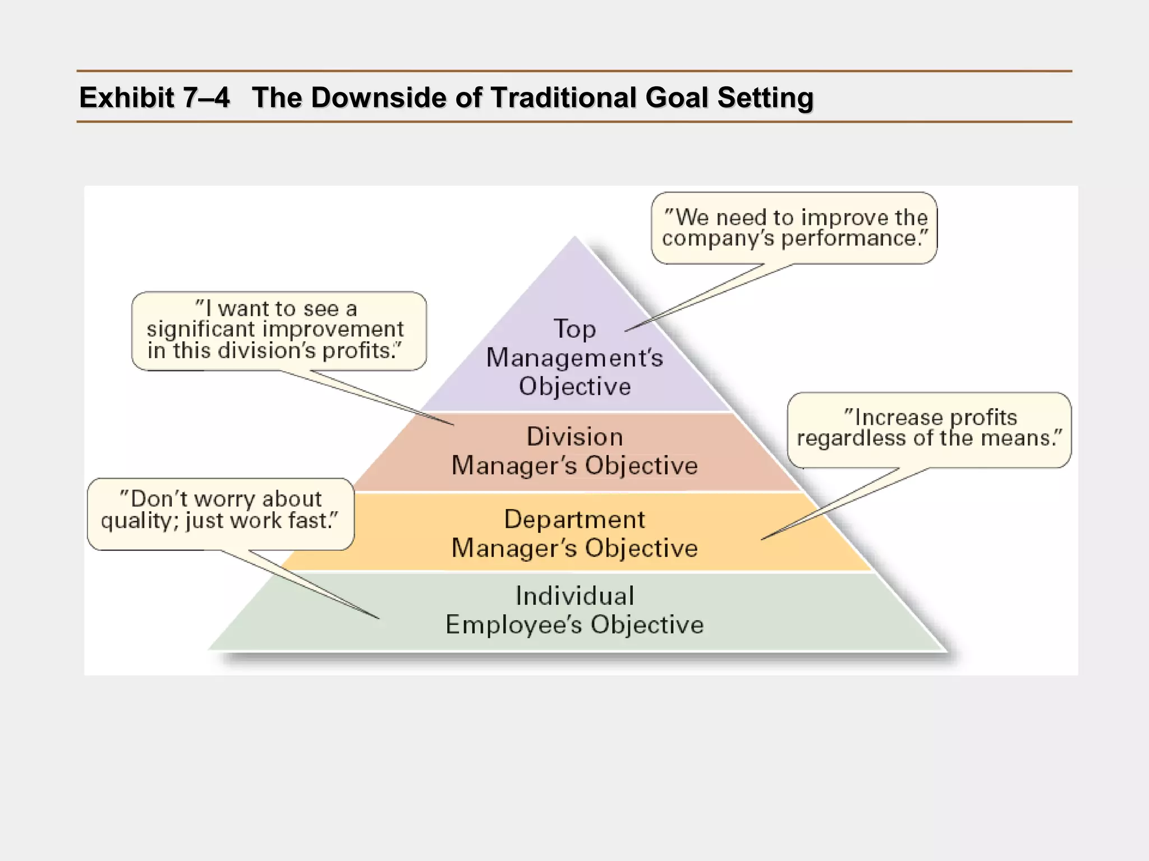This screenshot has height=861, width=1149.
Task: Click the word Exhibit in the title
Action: pos(127,98)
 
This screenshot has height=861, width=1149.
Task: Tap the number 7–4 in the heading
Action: pos(206,98)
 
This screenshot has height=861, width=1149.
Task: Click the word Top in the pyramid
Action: pos(574,329)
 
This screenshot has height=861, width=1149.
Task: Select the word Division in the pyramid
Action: pos(574,437)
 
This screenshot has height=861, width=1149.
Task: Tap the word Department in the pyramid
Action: pos(574,520)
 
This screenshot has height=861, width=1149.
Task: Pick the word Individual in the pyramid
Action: pos(574,596)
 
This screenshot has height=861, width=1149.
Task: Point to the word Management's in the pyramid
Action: pos(574,358)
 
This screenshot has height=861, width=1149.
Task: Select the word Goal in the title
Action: pos(677,98)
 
